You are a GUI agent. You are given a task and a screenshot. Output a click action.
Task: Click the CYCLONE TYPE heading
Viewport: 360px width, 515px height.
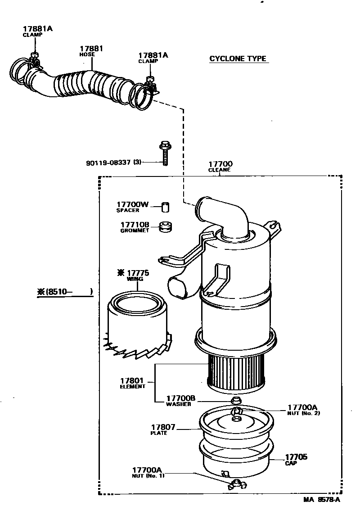coord(238,59)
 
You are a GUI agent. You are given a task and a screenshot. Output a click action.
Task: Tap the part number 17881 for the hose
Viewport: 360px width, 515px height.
coord(91,49)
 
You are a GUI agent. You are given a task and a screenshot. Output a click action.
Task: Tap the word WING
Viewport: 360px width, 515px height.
coord(135,279)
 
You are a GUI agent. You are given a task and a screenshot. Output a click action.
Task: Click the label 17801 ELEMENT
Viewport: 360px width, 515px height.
coord(132,383)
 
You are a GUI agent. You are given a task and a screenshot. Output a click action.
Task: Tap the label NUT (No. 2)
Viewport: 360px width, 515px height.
coord(304,413)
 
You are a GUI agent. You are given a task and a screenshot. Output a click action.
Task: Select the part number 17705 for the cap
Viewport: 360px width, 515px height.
coord(296,457)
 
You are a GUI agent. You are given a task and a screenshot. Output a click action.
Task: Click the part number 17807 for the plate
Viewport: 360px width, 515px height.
coord(163,427)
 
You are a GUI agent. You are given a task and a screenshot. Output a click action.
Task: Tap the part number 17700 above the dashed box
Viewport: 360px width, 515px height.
coord(220,164)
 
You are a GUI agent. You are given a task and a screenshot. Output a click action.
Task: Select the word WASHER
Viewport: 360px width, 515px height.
coord(178,404)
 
